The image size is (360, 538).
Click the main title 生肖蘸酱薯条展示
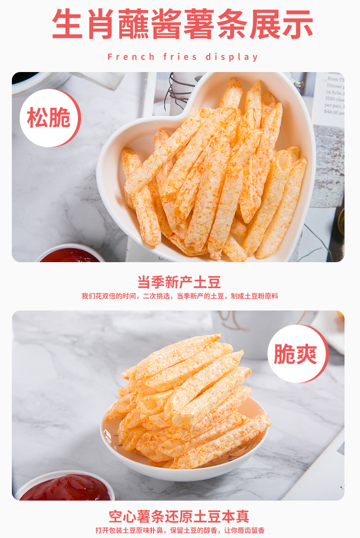[182, 24]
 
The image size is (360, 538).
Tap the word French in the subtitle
[131, 57]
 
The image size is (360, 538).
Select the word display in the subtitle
[231, 57]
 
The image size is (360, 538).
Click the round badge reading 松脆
[50, 118]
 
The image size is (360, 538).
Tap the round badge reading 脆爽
[298, 354]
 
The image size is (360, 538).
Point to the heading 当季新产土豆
[179, 282]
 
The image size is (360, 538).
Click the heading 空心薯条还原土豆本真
[179, 516]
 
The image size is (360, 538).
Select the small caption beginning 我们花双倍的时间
[180, 296]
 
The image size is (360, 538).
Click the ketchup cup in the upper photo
[71, 254]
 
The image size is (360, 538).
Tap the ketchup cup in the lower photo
[65, 486]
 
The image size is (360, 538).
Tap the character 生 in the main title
[68, 24]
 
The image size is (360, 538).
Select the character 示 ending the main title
[297, 24]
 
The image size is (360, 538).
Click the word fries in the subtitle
[180, 57]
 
